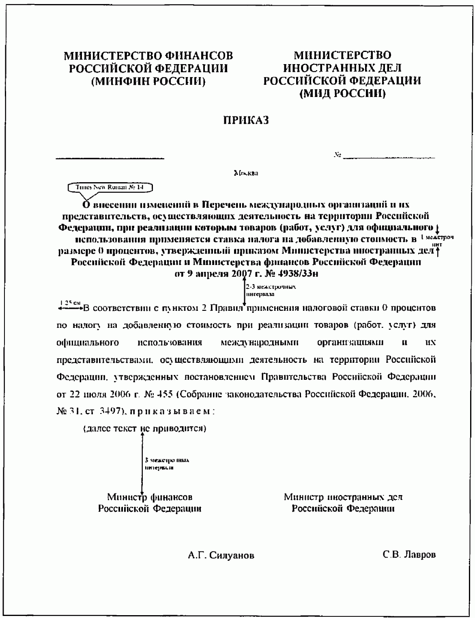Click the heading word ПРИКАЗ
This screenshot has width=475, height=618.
click(x=246, y=121)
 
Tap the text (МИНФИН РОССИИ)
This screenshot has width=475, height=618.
click(x=148, y=81)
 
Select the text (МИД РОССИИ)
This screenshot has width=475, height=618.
click(x=342, y=94)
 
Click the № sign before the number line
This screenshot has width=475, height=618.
click(x=337, y=155)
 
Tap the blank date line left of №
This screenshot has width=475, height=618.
click(x=110, y=158)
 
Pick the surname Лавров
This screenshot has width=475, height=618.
click(x=420, y=555)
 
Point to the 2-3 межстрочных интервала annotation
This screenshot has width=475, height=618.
click(x=271, y=290)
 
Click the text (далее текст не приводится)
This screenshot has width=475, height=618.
click(x=144, y=429)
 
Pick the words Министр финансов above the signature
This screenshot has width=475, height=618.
click(x=150, y=497)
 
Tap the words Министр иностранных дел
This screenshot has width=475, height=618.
click(x=343, y=497)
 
